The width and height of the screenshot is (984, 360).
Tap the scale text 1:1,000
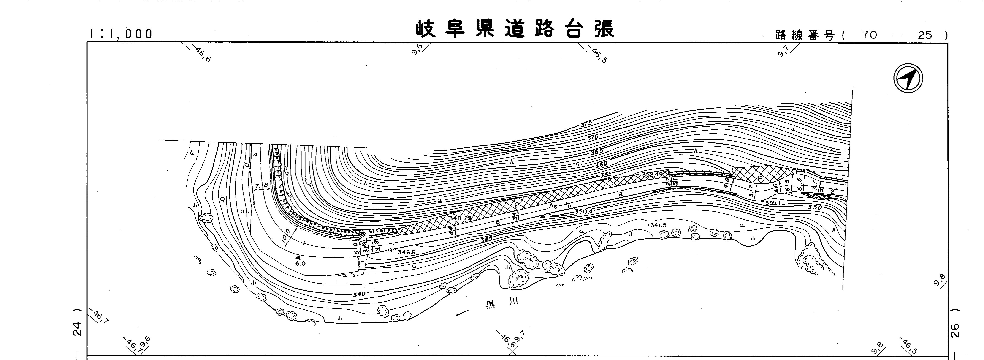pyautogui.click(x=121, y=34)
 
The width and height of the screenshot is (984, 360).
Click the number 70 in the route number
pyautogui.click(x=869, y=35)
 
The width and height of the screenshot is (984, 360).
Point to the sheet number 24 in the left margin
pyautogui.click(x=78, y=329)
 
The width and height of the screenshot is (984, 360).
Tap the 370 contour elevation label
pyautogui.click(x=593, y=137)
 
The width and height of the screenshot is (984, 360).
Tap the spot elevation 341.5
pyautogui.click(x=658, y=225)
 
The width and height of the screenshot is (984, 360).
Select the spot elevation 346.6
pyautogui.click(x=406, y=252)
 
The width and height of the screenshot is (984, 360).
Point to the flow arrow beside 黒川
pyautogui.click(x=462, y=313)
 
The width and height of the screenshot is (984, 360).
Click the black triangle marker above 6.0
pyautogui.click(x=298, y=258)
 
